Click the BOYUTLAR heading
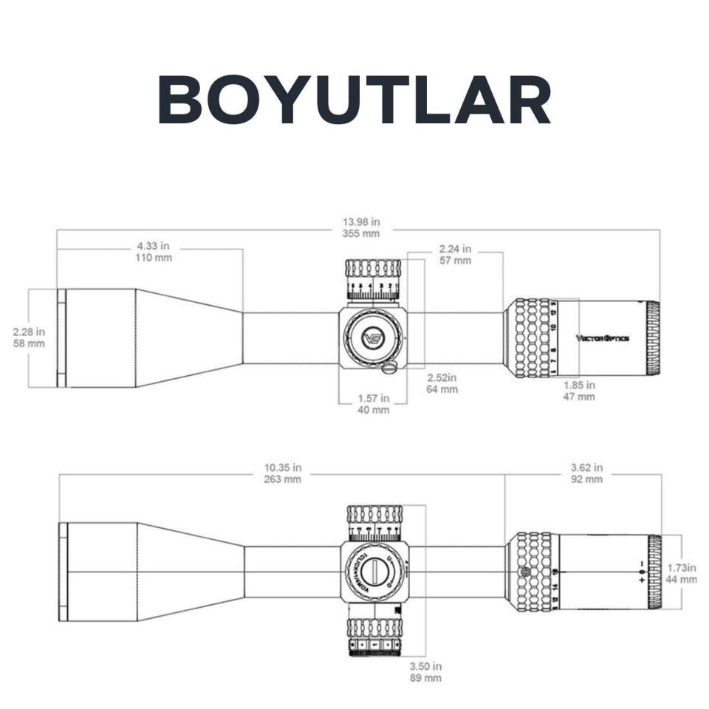tap(354, 100)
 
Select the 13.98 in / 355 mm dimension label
tap(361, 227)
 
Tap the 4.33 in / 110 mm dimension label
tap(154, 253)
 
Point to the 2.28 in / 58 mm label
tap(29, 338)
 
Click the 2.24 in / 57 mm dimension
tap(455, 254)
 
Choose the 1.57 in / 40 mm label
tap(373, 404)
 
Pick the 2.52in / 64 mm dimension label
tap(442, 383)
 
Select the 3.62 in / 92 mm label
tap(587, 473)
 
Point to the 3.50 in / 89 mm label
tap(426, 671)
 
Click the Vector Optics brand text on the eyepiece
tap(603, 338)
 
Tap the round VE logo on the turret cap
tap(374, 338)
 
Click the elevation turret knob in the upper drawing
tap(373, 279)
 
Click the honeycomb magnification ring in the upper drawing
tap(532, 338)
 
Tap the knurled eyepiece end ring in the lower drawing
tap(654, 572)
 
